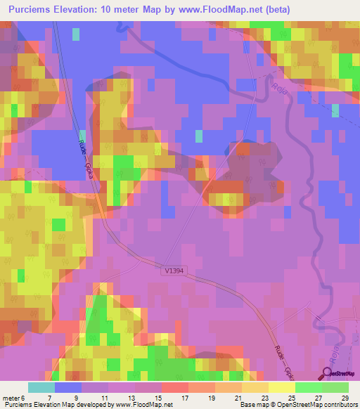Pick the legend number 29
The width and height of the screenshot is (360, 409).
344,397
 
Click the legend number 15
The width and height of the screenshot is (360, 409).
157,397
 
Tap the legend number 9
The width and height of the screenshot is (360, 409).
76,397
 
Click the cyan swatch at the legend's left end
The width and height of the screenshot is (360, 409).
41,387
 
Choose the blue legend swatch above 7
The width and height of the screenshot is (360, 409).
68,387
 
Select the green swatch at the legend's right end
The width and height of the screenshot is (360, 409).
335,387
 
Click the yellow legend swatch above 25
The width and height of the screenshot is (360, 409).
282,387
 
